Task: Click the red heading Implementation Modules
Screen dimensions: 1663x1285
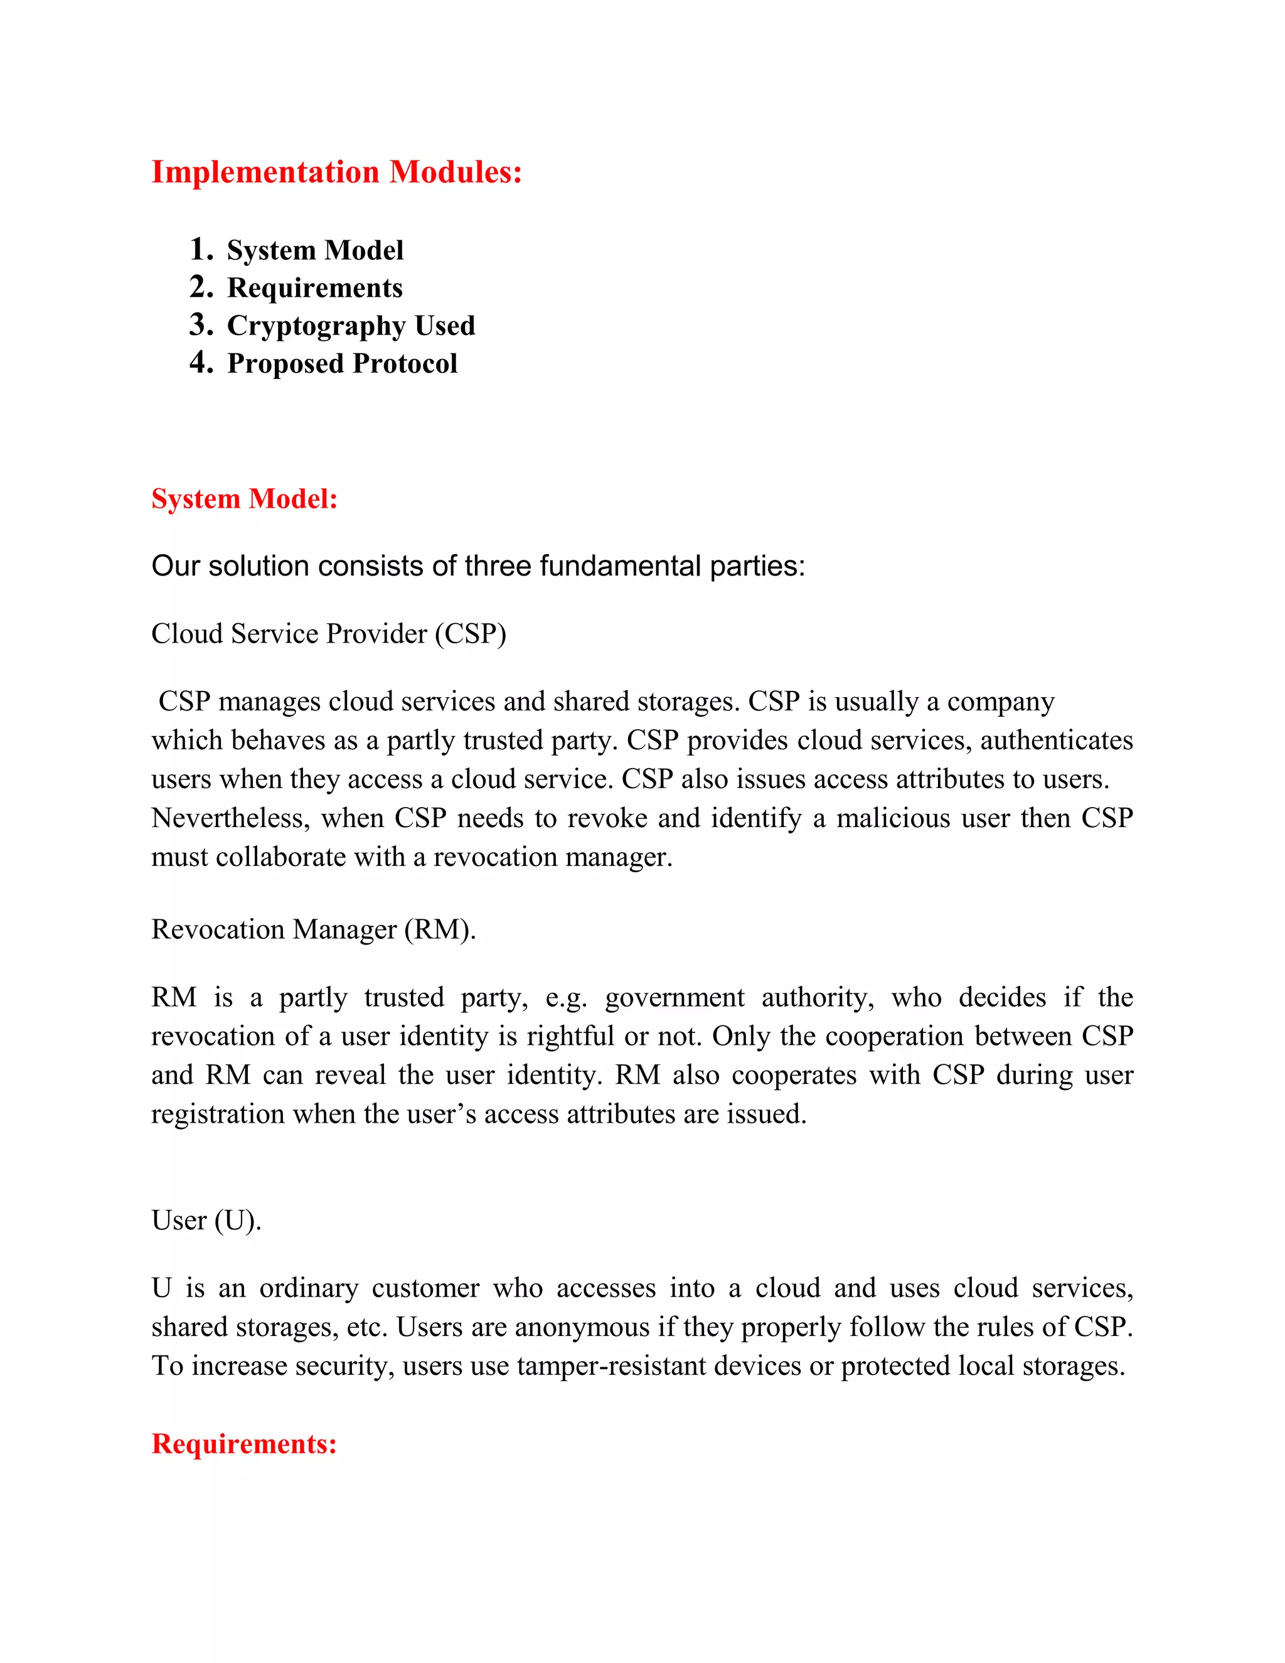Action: point(336,172)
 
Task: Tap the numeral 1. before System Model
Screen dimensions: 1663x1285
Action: point(201,249)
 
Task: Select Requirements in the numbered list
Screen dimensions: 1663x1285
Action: point(314,288)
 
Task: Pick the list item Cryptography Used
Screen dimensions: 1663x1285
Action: point(351,326)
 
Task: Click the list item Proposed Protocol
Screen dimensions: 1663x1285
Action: point(342,364)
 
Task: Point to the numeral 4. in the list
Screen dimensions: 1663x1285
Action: point(201,363)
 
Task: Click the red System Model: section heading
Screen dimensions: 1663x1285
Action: point(244,499)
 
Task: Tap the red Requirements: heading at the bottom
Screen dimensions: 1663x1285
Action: point(244,1444)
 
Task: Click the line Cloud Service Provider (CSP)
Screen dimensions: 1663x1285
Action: point(329,634)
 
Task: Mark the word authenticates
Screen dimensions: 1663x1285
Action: point(1057,740)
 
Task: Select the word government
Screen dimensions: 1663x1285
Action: point(674,998)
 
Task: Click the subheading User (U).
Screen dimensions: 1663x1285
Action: point(206,1221)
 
